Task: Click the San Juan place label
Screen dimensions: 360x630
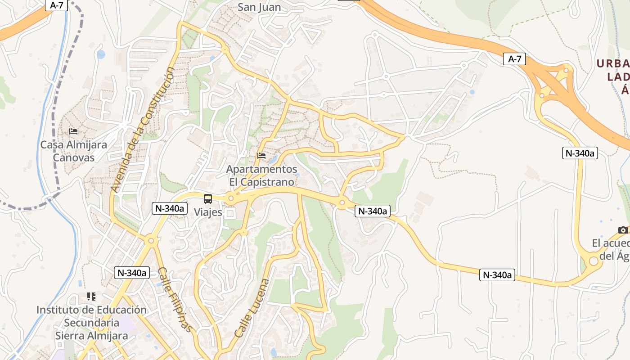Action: coord(259,7)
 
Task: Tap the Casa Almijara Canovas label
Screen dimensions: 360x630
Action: coord(74,151)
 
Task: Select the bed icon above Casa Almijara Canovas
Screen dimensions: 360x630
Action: coord(73,131)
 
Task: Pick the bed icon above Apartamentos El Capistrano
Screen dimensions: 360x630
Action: coord(261,156)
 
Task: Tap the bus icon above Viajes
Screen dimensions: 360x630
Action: coord(208,198)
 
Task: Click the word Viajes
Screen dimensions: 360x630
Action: coord(208,212)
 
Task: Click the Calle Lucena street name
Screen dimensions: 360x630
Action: coord(252,308)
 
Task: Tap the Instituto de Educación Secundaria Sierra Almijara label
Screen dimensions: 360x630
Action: coord(91,323)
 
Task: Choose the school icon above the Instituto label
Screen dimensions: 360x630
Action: coord(91,297)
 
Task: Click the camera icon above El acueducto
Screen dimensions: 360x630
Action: coord(623,230)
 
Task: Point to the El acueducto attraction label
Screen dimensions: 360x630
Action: coord(611,249)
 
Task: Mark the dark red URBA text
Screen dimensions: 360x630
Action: coord(613,63)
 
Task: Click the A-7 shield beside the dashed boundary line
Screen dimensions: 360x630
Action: coord(57,5)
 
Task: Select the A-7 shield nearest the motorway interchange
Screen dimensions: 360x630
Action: coord(514,59)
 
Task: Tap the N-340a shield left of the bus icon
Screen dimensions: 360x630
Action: coord(170,208)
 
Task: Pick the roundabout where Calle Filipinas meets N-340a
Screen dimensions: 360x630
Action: coord(151,241)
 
